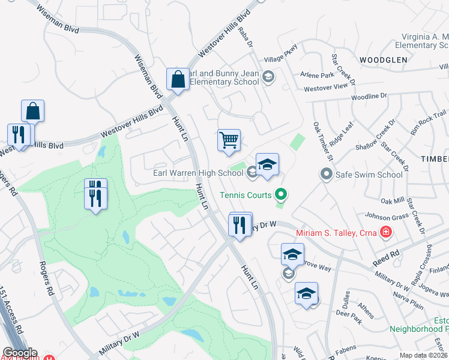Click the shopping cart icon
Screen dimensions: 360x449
[x=229, y=140]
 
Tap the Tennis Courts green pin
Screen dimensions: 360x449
[x=280, y=194]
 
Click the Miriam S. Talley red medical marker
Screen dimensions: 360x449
[x=385, y=232]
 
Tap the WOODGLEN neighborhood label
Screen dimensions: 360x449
[x=384, y=60]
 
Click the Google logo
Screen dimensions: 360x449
[x=20, y=353]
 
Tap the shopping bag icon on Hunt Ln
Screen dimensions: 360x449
[x=178, y=79]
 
